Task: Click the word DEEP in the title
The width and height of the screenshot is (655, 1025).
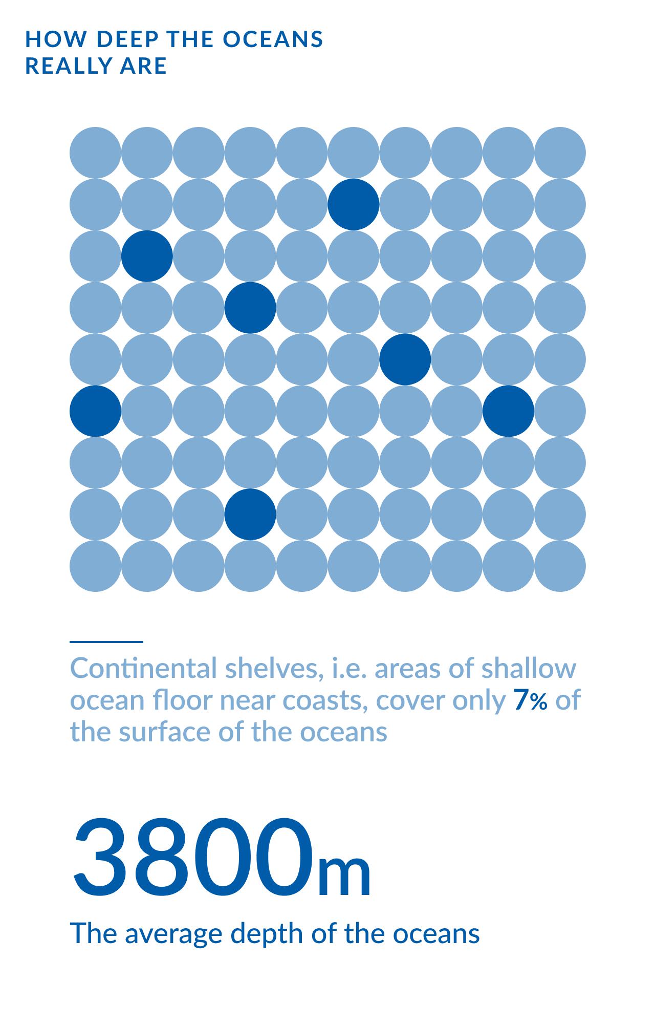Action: (122, 39)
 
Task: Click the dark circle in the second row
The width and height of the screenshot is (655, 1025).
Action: (354, 204)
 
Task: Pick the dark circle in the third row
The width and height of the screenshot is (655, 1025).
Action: (147, 256)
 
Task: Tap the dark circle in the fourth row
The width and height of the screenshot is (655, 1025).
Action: (250, 308)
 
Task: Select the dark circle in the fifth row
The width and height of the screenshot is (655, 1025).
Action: (405, 359)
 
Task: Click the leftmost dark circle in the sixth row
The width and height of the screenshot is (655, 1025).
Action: (95, 411)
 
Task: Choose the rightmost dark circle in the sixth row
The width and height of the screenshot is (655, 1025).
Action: (508, 411)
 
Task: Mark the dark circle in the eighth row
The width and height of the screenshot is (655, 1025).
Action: (250, 515)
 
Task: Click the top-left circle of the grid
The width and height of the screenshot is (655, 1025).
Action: (95, 153)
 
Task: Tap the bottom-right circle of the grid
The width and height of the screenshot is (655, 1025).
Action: (560, 566)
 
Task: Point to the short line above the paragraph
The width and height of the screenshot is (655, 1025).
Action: (106, 642)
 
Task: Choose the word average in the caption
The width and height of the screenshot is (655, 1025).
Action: (174, 933)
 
